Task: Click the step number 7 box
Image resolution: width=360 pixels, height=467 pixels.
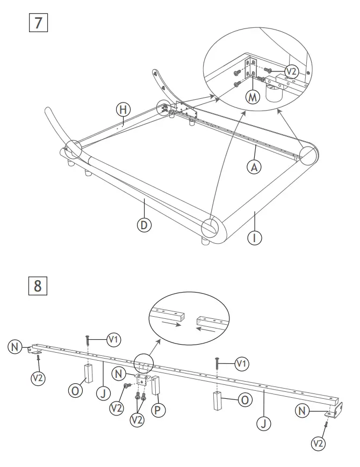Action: pyautogui.click(x=37, y=23)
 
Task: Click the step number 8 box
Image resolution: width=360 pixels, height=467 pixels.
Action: pyautogui.click(x=37, y=285)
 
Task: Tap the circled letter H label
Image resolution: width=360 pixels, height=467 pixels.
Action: pyautogui.click(x=123, y=110)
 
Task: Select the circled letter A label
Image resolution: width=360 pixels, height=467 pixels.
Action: pyautogui.click(x=254, y=167)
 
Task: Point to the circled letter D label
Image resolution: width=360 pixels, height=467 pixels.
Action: pyautogui.click(x=143, y=225)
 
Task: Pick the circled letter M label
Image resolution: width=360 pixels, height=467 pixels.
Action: pyautogui.click(x=252, y=97)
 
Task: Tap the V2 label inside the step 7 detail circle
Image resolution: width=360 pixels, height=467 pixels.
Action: pyautogui.click(x=291, y=71)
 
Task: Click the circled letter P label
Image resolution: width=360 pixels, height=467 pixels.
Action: pyautogui.click(x=158, y=410)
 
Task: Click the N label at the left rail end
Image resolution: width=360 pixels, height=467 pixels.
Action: pyautogui.click(x=15, y=347)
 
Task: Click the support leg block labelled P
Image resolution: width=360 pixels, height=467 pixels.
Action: pyautogui.click(x=156, y=385)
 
